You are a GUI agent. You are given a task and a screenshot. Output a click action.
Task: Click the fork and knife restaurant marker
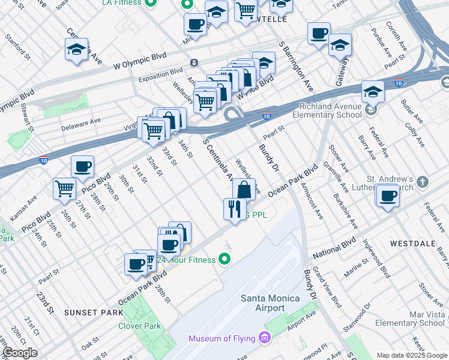(x=234, y=209)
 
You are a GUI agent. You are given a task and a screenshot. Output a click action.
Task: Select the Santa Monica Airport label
(x=262, y=302)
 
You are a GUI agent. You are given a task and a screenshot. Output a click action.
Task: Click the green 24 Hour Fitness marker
(x=224, y=259)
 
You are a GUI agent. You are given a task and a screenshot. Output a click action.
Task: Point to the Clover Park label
(x=140, y=326)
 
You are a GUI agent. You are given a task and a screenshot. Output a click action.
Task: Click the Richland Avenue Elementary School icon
(x=372, y=110)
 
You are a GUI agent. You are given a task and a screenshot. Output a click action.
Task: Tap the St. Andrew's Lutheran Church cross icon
(x=423, y=181)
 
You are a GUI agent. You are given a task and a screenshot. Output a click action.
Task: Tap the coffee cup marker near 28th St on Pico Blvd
(x=82, y=167)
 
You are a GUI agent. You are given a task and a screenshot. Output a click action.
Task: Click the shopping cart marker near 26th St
(x=64, y=188)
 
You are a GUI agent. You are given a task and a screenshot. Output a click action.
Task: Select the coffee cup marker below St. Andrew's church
(x=387, y=196)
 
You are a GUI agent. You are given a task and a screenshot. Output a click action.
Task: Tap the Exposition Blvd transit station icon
(x=194, y=63)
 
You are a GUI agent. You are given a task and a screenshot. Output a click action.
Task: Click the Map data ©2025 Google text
(x=411, y=355)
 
